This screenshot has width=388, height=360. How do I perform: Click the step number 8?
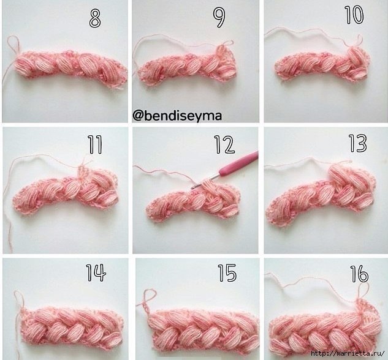(95, 18)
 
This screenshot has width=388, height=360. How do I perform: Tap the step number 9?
(219, 18)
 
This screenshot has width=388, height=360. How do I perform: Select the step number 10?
(354, 15)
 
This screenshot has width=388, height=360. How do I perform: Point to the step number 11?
(95, 145)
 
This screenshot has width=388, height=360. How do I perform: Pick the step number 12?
(224, 144)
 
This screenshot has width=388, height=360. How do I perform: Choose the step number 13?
(358, 143)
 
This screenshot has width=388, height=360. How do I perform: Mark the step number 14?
(96, 273)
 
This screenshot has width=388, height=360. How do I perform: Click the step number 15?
(227, 273)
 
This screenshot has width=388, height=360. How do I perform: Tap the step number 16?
(359, 274)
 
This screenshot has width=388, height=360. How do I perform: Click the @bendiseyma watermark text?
(177, 115)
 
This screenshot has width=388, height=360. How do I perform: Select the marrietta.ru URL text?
(348, 354)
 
